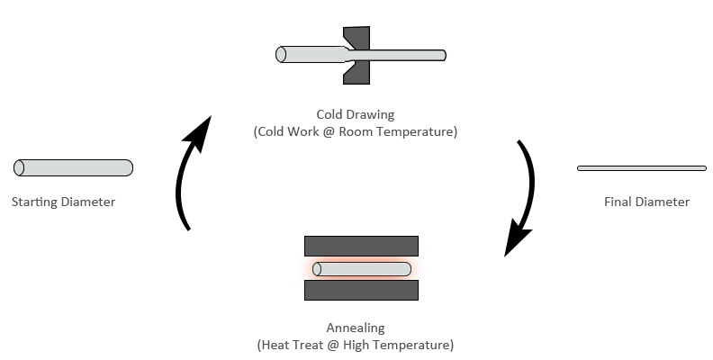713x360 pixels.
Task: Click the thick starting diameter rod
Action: (x=74, y=167)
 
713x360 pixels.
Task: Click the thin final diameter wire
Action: (x=641, y=167)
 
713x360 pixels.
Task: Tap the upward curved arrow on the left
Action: (x=184, y=181)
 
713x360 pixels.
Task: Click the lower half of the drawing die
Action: (x=356, y=73)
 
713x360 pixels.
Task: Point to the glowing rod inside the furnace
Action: (x=362, y=269)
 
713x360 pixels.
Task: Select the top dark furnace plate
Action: (x=361, y=245)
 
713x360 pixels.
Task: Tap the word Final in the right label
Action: (x=618, y=202)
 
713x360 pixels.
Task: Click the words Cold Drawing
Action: (x=356, y=114)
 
